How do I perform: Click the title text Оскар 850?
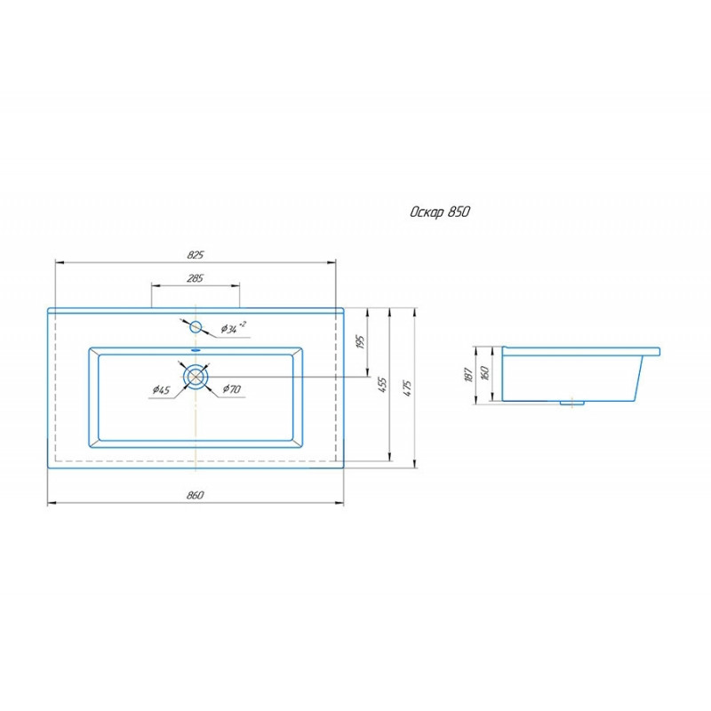[440, 212]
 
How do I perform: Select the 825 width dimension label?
[196, 255]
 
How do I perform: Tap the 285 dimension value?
[195, 278]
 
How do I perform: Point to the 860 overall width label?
[195, 495]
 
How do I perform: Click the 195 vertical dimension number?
[361, 342]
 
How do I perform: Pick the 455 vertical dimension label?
[383, 385]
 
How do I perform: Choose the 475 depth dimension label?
[407, 388]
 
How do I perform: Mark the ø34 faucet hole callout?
[234, 327]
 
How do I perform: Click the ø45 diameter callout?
[161, 389]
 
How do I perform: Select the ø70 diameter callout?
[232, 388]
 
